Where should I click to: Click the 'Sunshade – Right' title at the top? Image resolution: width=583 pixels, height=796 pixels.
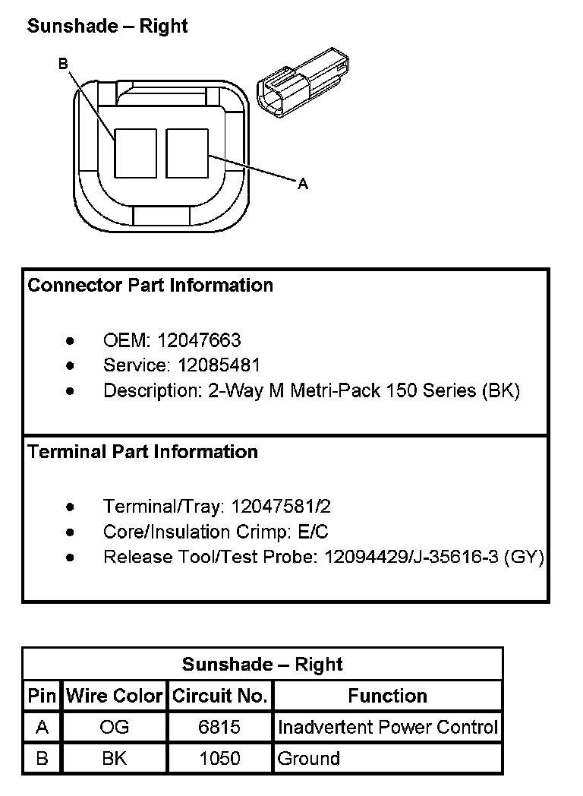[x=107, y=26]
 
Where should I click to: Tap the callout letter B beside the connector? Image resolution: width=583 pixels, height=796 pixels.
[x=64, y=65]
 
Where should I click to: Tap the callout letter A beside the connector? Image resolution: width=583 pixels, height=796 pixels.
[x=303, y=183]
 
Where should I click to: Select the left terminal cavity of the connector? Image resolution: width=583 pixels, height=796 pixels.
[x=135, y=153]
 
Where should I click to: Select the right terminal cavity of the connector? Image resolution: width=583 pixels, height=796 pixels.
[x=187, y=153]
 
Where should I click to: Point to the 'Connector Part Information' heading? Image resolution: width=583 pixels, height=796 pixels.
[x=150, y=286]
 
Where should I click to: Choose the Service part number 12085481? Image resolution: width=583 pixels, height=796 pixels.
[x=219, y=365]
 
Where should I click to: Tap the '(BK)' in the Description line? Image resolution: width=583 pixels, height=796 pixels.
[x=500, y=391]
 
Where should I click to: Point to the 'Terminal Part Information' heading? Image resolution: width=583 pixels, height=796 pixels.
[x=143, y=452]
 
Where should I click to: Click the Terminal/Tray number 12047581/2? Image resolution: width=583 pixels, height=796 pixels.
[x=281, y=506]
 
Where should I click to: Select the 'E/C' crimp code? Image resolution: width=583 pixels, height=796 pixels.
[x=314, y=532]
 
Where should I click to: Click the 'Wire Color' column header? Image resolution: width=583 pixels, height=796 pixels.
[x=115, y=696]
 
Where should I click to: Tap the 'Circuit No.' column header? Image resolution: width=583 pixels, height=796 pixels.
[x=219, y=696]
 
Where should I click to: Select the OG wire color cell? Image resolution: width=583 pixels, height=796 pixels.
[x=115, y=727]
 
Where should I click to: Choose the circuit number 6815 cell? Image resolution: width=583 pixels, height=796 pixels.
[x=219, y=727]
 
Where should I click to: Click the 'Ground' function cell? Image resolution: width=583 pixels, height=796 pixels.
[x=309, y=758]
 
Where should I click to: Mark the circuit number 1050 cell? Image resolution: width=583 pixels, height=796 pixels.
[x=219, y=758]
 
